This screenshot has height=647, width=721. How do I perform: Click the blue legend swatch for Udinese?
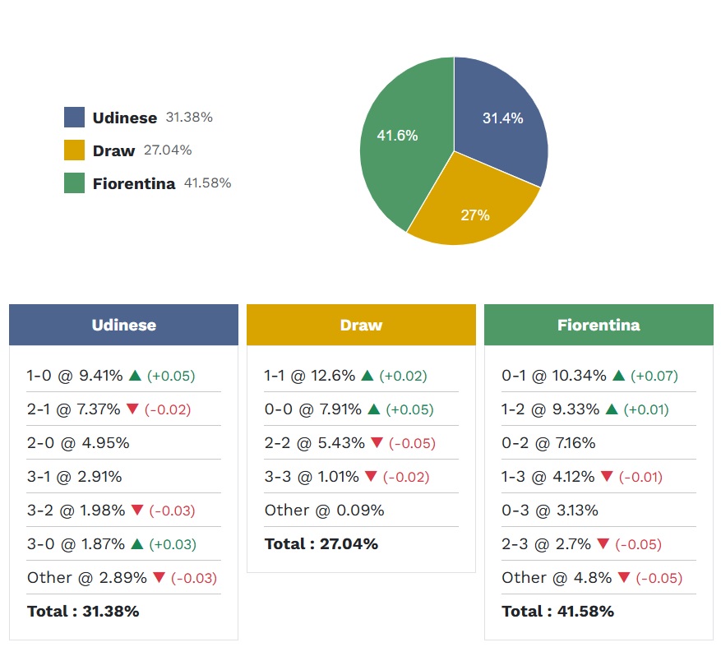tap(74, 118)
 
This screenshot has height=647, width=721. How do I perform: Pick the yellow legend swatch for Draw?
tap(74, 150)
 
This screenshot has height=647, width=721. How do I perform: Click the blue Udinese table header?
tap(123, 325)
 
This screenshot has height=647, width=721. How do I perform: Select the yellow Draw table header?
tap(361, 325)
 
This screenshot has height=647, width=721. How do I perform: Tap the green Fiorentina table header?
tap(599, 325)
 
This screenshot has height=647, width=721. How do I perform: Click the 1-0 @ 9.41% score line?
tap(74, 376)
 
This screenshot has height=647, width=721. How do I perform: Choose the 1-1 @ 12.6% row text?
tap(309, 376)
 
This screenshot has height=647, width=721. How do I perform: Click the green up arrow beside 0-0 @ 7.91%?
tap(374, 409)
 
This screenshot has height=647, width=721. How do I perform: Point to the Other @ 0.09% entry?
tap(324, 511)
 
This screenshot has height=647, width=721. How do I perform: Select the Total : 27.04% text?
tap(321, 544)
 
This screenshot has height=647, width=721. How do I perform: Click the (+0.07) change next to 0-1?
tap(654, 376)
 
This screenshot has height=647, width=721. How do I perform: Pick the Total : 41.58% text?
tap(557, 612)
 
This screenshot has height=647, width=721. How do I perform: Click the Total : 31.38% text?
tap(83, 612)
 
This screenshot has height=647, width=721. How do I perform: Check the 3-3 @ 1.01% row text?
tap(312, 477)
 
